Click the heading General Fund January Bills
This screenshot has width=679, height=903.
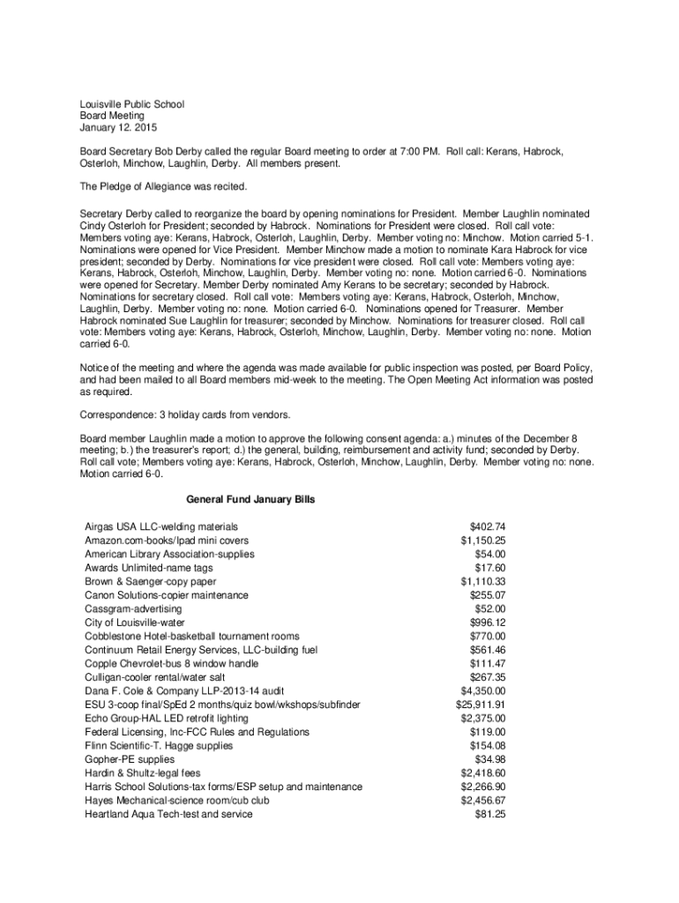tap(251, 500)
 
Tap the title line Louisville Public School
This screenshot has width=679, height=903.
tap(132, 104)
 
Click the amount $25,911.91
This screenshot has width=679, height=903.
tap(480, 705)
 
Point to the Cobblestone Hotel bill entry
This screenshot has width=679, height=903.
tap(192, 636)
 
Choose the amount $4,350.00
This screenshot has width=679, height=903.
tap(483, 690)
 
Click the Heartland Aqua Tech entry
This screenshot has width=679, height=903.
tap(168, 814)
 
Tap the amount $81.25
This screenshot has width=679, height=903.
tap(489, 814)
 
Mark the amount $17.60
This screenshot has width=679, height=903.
tap(489, 568)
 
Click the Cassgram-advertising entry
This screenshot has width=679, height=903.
tap(133, 608)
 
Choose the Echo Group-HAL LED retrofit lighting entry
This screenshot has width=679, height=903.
tap(171, 718)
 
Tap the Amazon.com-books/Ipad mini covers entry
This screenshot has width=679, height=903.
tap(167, 541)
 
